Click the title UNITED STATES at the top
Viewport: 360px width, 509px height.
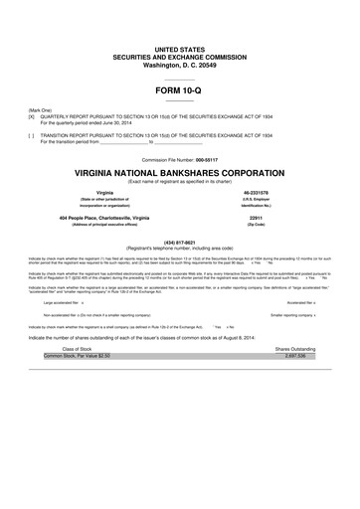(179, 48)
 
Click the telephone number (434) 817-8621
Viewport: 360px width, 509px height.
(179, 239)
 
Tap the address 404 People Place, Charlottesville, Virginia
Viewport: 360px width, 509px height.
(104, 217)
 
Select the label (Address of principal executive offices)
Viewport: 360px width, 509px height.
(104, 224)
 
